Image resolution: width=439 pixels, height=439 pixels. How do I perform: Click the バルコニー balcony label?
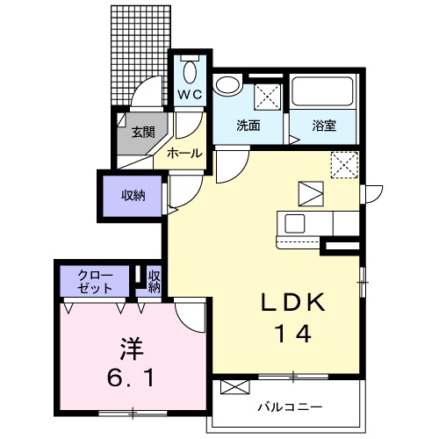pos(290,407)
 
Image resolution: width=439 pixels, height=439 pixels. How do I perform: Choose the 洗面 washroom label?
pos(248,126)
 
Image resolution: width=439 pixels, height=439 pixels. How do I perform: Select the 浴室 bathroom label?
pos(324,126)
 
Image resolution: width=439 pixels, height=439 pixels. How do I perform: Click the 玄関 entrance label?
pos(143,133)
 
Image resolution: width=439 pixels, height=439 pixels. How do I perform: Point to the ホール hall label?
pos(184,153)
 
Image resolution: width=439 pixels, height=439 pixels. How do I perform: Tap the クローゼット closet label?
pos(95,280)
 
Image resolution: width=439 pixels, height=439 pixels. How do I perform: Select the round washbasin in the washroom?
pos(227,86)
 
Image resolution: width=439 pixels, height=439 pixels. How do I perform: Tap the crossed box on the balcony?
pos(234,387)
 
